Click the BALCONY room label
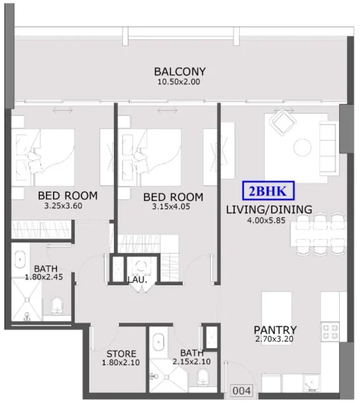click(x=179, y=72)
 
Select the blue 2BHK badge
click(x=267, y=191)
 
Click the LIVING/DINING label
click(x=268, y=210)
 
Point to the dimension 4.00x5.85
click(x=268, y=220)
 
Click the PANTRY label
click(x=275, y=330)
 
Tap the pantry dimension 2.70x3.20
click(x=275, y=341)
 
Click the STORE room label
click(x=122, y=354)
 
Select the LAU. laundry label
click(x=137, y=279)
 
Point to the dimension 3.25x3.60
click(x=67, y=206)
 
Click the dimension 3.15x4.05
click(x=173, y=207)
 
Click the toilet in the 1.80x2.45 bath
click(x=57, y=307)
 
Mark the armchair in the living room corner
click(x=280, y=122)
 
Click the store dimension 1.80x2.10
click(x=122, y=363)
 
